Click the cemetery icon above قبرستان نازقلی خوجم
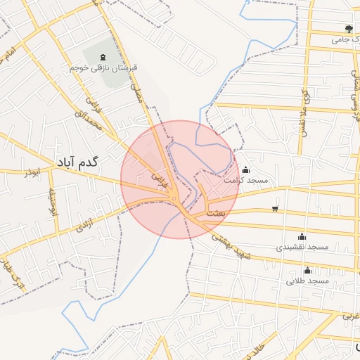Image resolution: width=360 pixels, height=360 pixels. click(x=104, y=56)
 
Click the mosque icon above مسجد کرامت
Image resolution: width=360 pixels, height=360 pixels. click(x=245, y=169)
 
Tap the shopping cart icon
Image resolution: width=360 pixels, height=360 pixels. click(x=274, y=209)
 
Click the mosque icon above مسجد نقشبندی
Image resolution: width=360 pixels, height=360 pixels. click(x=302, y=236)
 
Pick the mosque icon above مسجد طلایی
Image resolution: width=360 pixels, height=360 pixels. click(x=307, y=270)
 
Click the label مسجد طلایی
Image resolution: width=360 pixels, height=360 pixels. click(x=308, y=281)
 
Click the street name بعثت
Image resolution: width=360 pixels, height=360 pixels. click(x=217, y=212)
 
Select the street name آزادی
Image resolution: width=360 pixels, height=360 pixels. click(x=85, y=226)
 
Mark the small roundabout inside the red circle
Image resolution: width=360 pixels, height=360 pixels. click(x=174, y=202)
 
